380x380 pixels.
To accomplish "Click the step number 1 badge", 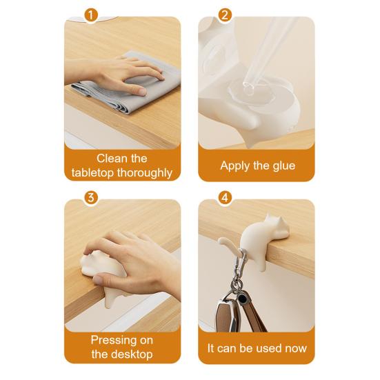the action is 91,15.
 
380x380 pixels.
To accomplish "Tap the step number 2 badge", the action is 225,15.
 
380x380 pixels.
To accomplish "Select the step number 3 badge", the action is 91,197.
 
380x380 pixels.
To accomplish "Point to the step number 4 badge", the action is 225,197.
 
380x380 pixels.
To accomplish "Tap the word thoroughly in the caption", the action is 145,173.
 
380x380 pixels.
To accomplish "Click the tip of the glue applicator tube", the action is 248,88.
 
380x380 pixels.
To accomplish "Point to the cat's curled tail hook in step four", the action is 228,245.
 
